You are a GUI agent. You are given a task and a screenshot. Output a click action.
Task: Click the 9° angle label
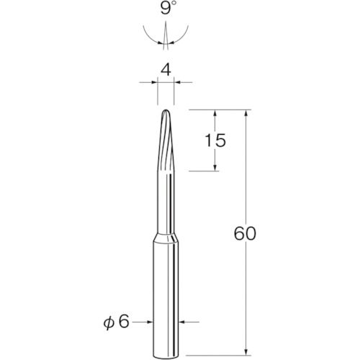click(x=166, y=12)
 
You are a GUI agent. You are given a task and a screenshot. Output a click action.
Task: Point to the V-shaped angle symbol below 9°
click(x=165, y=36)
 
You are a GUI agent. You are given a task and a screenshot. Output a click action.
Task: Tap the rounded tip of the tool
click(x=165, y=113)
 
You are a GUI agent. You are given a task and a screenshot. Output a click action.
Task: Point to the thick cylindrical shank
click(x=165, y=295)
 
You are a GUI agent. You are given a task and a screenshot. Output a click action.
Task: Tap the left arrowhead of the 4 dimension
click(x=153, y=84)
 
